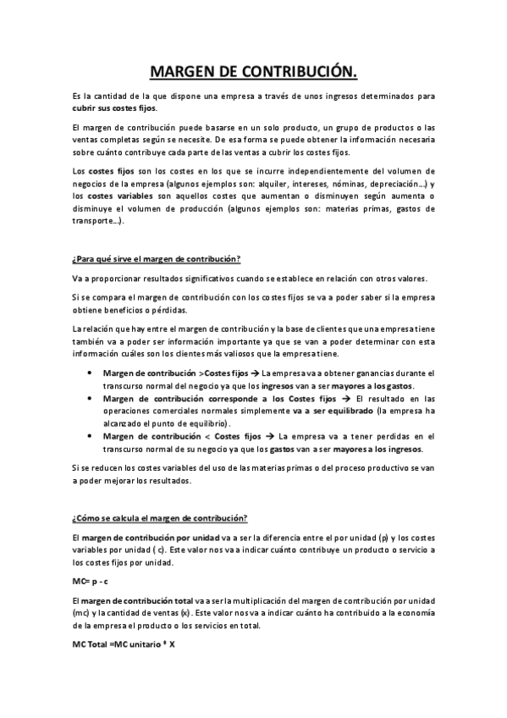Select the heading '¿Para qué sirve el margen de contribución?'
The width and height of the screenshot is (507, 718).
coord(157,258)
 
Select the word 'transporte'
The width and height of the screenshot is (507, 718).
coord(94,220)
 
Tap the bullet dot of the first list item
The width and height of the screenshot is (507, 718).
coord(91,373)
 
